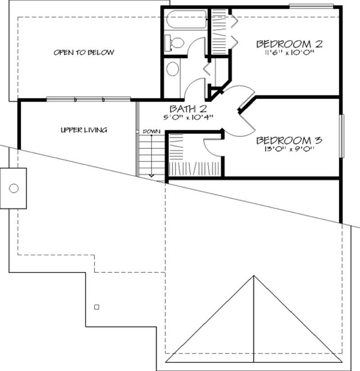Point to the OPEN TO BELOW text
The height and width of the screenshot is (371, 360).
coord(84,53)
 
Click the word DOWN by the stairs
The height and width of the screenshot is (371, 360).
coord(149,131)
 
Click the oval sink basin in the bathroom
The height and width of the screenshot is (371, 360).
coord(172,70)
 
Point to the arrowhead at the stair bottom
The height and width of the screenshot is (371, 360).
coord(151,175)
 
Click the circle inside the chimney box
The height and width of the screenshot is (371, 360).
coord(14,188)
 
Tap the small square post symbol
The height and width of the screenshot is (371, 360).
coord(96,307)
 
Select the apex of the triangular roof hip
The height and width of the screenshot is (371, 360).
coord(253,276)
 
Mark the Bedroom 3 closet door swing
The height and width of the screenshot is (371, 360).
coord(212,147)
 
